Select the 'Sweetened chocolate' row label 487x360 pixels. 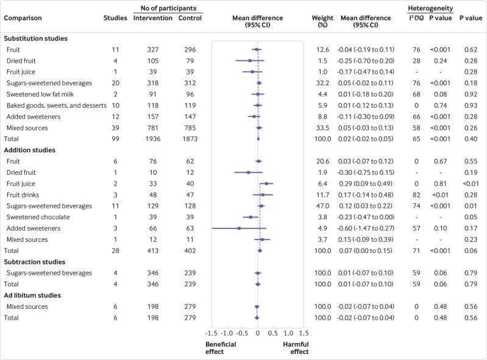coord(35,217)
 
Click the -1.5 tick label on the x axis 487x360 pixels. coord(212,334)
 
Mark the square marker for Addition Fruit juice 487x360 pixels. coord(266,183)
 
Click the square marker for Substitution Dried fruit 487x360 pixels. coord(250,60)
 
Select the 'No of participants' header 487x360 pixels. coord(168,6)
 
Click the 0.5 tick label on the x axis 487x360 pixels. coord(273,334)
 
